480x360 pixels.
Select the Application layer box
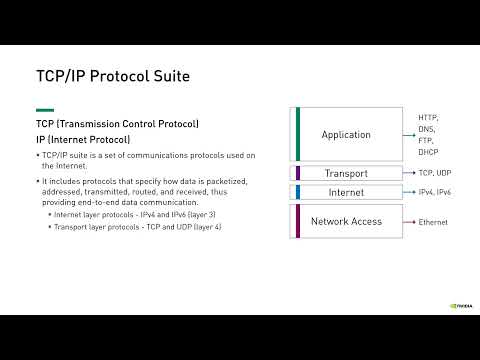(346, 135)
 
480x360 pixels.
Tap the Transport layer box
(346, 173)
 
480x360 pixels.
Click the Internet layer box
(346, 191)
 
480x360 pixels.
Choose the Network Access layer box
(346, 221)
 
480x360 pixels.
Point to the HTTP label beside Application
(429, 117)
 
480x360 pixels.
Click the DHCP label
(429, 151)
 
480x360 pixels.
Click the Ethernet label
(433, 222)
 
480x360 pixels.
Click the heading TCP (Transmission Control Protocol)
(118, 124)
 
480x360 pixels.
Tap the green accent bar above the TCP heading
(45, 110)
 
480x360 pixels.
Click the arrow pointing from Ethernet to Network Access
(409, 222)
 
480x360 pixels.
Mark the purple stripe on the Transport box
(297, 173)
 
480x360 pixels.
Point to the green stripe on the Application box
(297, 135)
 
